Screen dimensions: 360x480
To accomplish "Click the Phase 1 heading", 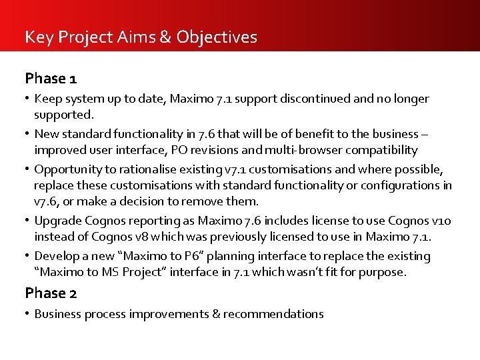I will point(51,79).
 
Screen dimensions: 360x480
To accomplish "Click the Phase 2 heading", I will point(51,293).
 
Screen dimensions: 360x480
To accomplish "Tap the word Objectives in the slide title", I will point(217,37).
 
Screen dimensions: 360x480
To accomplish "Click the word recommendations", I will point(273,314).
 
